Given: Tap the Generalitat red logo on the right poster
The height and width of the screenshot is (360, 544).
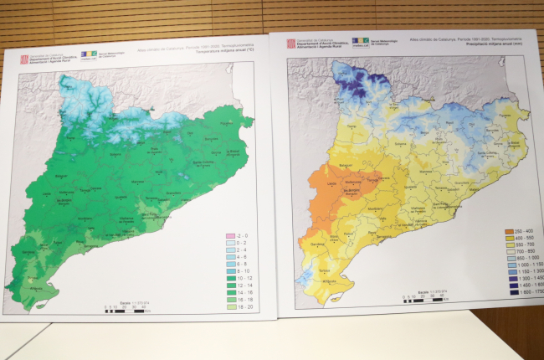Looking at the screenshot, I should (291, 44).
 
